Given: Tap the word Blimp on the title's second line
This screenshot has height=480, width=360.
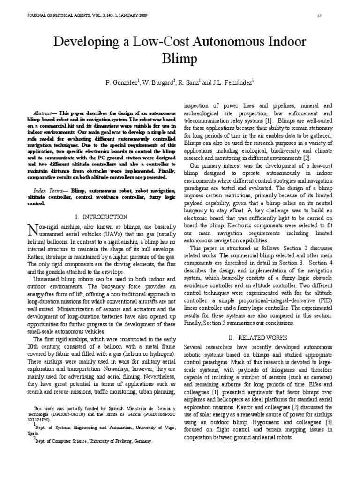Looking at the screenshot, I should pos(180,60).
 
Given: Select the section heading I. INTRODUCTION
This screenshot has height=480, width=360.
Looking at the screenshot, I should pos(101,217).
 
